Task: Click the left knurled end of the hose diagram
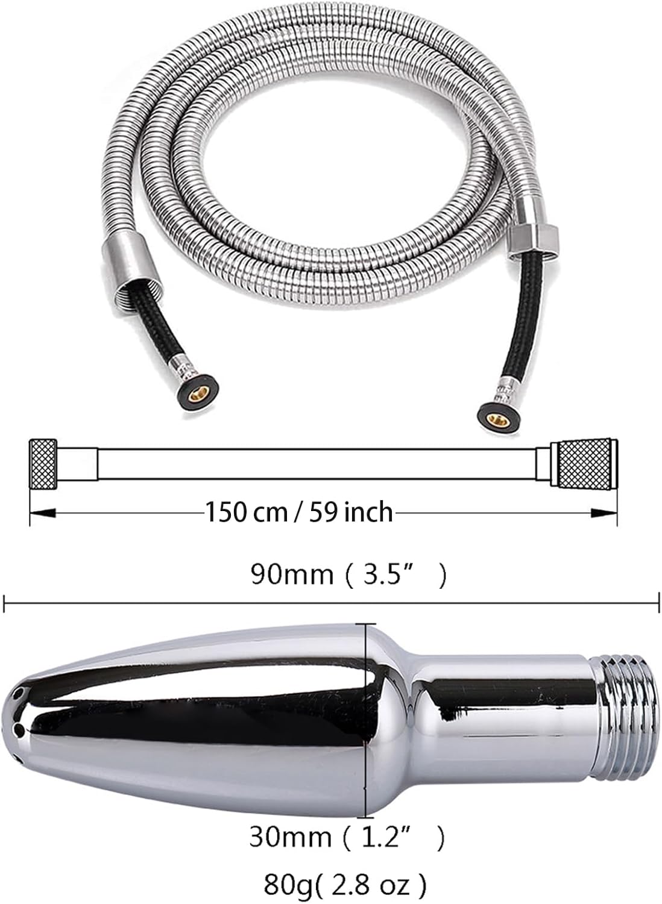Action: point(43,463)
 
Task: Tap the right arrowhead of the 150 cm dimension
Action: point(604,513)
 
